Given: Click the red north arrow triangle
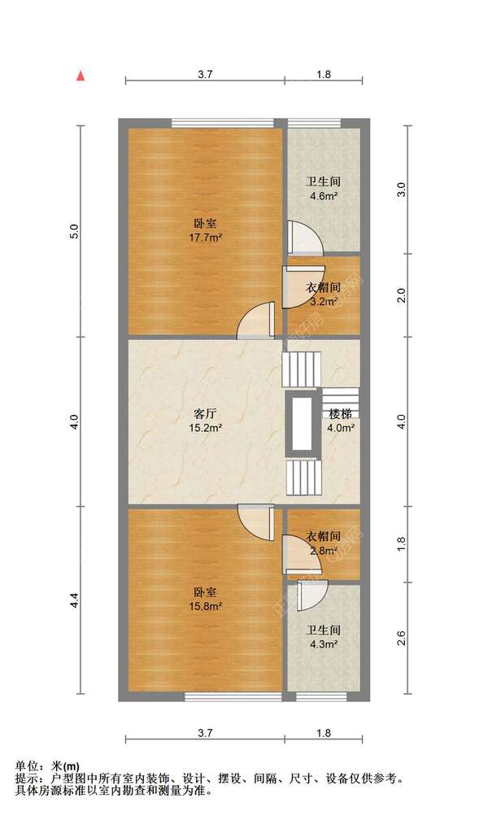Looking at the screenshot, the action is (x=81, y=76).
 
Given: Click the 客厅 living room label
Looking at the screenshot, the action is (x=205, y=414).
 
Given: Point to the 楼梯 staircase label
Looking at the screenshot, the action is (x=341, y=414).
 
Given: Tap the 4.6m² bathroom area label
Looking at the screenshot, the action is (x=323, y=197).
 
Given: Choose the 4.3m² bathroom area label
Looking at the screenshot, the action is (x=323, y=644).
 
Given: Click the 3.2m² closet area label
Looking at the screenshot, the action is (x=323, y=302).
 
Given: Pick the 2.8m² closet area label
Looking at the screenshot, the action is (x=323, y=551).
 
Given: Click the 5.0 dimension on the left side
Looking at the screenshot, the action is (x=75, y=231).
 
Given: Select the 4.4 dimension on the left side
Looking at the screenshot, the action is (x=75, y=600).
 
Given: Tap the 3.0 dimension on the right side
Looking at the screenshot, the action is (x=402, y=190).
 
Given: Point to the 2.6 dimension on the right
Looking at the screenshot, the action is (x=402, y=638).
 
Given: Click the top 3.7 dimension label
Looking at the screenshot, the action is (x=205, y=74).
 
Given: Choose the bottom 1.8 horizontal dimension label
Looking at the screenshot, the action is (x=324, y=733).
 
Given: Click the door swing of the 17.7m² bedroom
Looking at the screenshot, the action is (x=255, y=321).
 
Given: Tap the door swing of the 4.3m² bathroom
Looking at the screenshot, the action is (x=312, y=595).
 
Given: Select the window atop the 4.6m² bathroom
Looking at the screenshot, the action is (x=314, y=124).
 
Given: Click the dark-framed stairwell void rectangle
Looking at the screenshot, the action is (x=303, y=424).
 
